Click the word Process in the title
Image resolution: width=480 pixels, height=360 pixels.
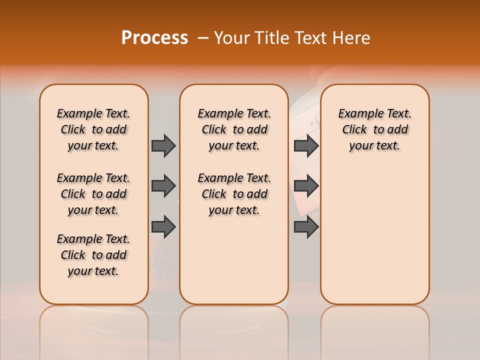pyautogui.click(x=154, y=38)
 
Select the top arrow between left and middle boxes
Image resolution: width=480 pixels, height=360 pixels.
pyautogui.click(x=163, y=145)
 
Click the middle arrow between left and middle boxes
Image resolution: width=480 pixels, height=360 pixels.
pyautogui.click(x=163, y=186)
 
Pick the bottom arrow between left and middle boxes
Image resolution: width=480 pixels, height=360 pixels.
pyautogui.click(x=163, y=226)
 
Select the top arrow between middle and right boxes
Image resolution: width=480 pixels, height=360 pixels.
pyautogui.click(x=306, y=145)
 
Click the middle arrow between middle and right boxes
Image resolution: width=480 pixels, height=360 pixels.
pyautogui.click(x=306, y=186)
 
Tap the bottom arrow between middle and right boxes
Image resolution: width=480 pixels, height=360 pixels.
pyautogui.click(x=306, y=226)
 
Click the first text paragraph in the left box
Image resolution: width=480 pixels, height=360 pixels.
pyautogui.click(x=93, y=129)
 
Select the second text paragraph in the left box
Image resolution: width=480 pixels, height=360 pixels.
pyautogui.click(x=93, y=194)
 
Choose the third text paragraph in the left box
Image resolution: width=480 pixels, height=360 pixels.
pyautogui.click(x=93, y=255)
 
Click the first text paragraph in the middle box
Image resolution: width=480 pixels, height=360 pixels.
pyautogui.click(x=234, y=129)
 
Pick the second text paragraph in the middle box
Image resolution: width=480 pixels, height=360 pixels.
pyautogui.click(x=234, y=194)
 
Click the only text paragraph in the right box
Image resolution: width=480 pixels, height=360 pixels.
pyautogui.click(x=374, y=129)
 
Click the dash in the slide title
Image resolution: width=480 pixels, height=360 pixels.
pyautogui.click(x=203, y=38)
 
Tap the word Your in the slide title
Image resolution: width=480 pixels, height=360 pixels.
pyautogui.click(x=231, y=38)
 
